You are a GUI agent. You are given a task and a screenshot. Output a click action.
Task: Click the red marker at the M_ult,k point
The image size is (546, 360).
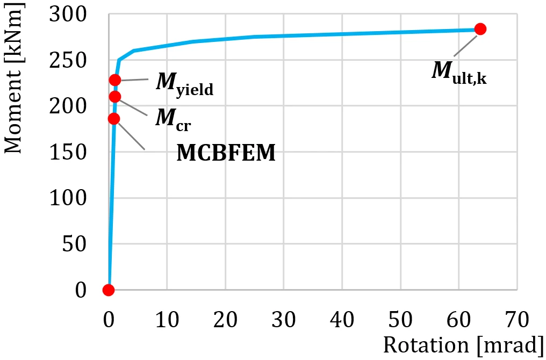pos(480,29)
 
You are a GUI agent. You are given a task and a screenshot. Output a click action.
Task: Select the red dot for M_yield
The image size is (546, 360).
pos(115,80)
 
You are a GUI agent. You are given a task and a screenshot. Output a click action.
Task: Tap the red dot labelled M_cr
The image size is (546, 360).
pos(114,97)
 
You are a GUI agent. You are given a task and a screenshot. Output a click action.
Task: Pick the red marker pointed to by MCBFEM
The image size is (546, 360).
pos(113,119)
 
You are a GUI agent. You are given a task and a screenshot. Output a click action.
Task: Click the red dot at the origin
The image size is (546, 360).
pos(109,290)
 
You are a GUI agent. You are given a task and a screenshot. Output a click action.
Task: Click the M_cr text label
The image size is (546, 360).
pos(173,120)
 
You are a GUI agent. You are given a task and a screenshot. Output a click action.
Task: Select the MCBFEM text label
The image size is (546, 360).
pos(226,153)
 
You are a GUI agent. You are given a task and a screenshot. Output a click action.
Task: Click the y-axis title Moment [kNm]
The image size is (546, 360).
pos(13,77)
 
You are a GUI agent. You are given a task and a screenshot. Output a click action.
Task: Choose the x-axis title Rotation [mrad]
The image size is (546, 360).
pos(463,345)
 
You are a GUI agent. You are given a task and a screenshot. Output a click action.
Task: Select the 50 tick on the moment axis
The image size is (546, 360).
pos(74,244)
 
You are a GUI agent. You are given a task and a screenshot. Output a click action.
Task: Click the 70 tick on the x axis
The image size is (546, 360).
pos(517,319)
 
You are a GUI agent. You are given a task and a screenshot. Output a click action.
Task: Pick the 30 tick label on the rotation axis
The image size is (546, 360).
pos(284,319)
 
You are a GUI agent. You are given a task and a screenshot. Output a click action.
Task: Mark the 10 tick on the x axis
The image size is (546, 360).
pos(167,319)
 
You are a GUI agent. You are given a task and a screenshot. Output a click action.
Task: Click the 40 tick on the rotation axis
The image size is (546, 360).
pos(342,319)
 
